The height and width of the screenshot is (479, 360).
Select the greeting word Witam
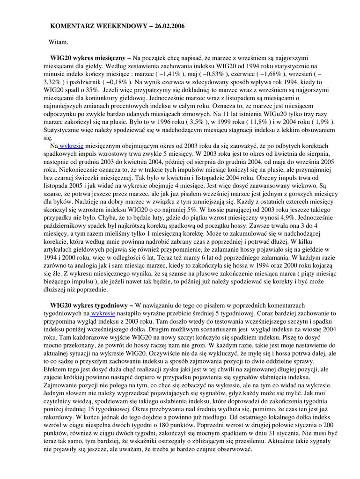click(x=59, y=42)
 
